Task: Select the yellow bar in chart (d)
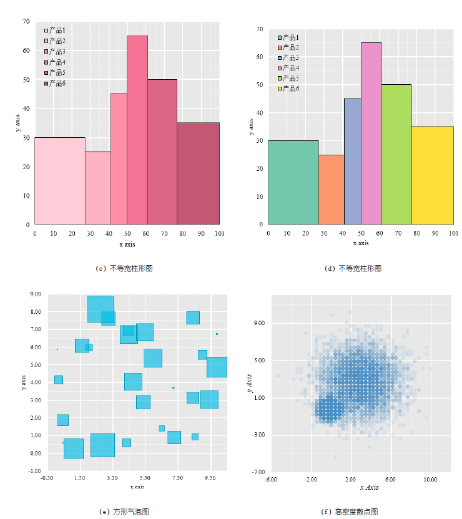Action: click(x=432, y=175)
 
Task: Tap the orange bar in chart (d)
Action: click(x=331, y=190)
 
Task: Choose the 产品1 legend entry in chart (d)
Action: click(x=288, y=37)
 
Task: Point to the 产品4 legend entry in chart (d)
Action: click(x=288, y=68)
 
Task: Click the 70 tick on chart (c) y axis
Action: click(x=26, y=21)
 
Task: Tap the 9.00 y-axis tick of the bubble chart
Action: click(x=35, y=294)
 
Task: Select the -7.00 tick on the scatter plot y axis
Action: click(x=257, y=472)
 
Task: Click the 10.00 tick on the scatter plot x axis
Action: click(x=430, y=480)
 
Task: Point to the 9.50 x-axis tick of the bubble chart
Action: click(x=210, y=477)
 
